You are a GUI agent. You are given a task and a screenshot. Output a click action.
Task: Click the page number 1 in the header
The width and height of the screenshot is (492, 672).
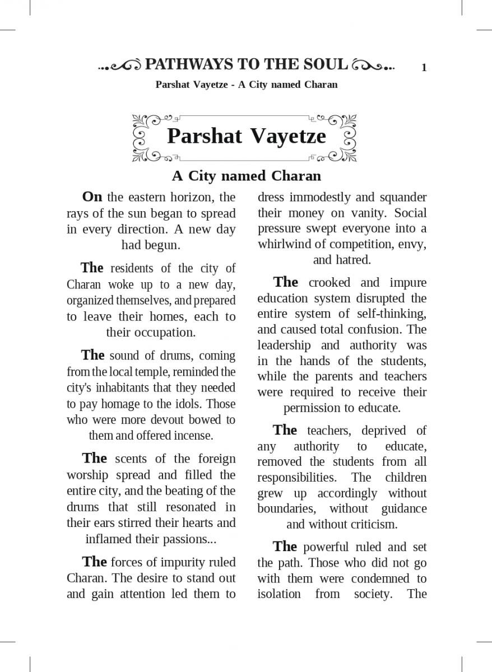pyautogui.click(x=424, y=68)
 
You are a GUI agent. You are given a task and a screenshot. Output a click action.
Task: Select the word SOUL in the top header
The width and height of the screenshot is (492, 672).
pyautogui.click(x=327, y=65)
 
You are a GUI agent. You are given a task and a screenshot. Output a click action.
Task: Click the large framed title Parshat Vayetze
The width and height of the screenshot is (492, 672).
pyautogui.click(x=246, y=136)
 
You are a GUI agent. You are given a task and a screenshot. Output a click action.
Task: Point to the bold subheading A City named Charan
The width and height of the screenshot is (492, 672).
pyautogui.click(x=246, y=176)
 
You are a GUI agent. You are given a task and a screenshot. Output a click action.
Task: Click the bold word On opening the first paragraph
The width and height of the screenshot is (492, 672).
pyautogui.click(x=92, y=197)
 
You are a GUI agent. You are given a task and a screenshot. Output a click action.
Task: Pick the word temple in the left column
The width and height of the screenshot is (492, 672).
pyautogui.click(x=158, y=372)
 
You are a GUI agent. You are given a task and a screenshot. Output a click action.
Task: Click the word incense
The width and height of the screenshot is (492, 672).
pyautogui.click(x=193, y=435)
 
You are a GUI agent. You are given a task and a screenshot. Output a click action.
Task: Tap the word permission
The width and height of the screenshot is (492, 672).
pyautogui.click(x=312, y=408)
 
